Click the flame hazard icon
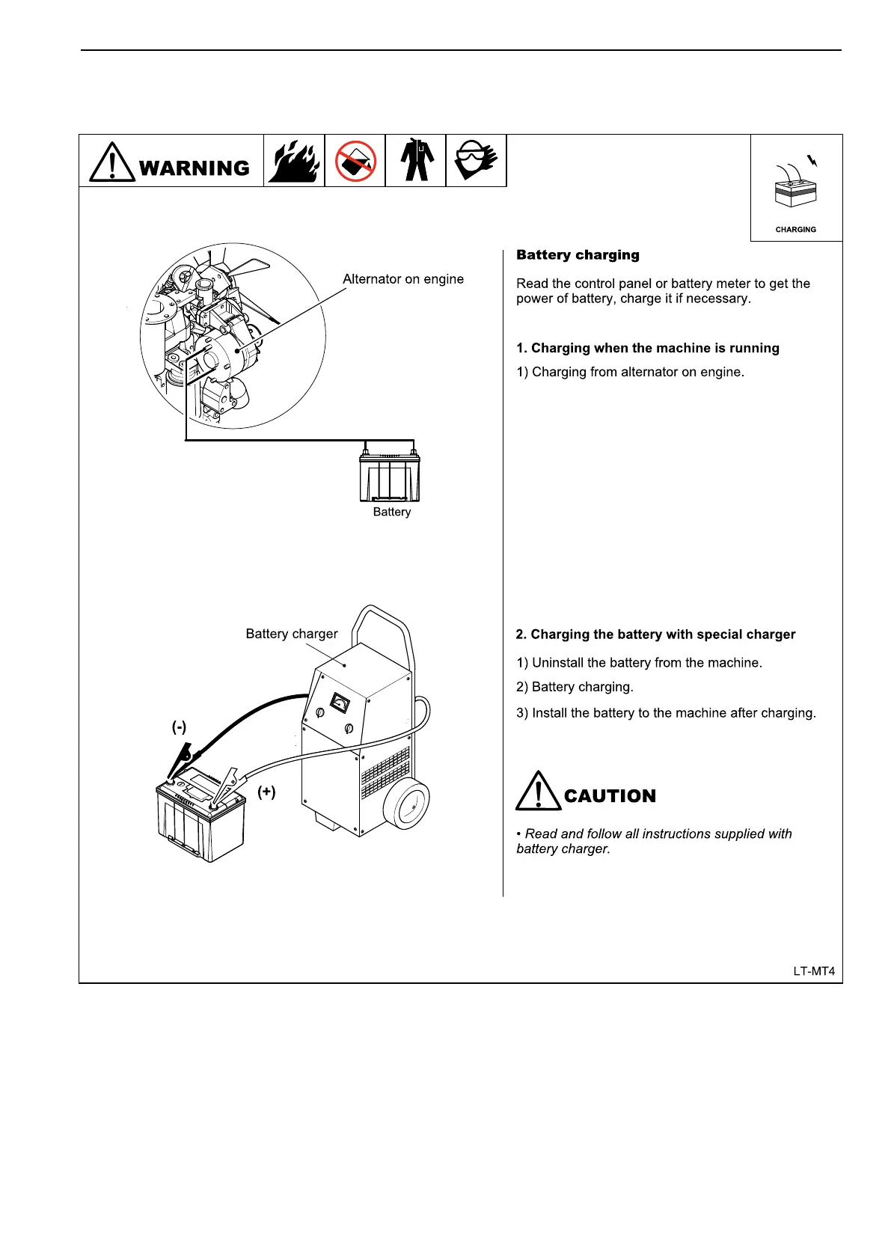coord(294,161)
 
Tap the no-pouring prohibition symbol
coord(355,161)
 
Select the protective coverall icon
coord(415,160)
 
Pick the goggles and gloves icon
coord(476,160)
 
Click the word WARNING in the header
coord(195,168)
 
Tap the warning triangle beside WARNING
coord(112,162)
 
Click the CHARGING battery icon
coord(795,187)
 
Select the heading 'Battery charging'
coord(578,255)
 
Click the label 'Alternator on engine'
coord(403,279)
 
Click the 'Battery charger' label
coord(292,634)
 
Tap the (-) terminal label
coord(179,727)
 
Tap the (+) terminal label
coord(266,792)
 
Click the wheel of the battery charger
coord(407,804)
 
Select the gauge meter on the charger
coord(340,703)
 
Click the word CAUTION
coord(610,796)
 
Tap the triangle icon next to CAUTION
coord(537,791)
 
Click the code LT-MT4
coord(814,971)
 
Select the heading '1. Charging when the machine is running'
coord(648,348)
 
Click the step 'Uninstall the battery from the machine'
coord(640,663)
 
